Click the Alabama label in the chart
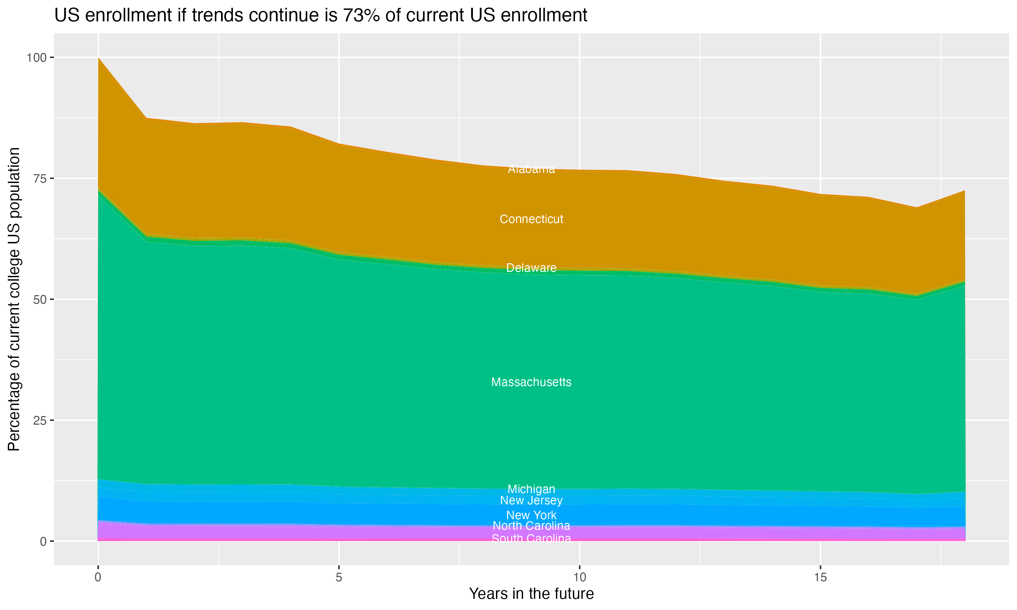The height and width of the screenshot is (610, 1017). tap(531, 169)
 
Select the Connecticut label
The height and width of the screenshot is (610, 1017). tap(531, 219)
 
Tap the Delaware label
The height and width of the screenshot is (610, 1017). tap(531, 268)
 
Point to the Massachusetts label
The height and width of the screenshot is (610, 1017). tap(531, 382)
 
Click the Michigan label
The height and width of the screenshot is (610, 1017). tap(531, 489)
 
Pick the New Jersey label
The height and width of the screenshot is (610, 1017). tap(531, 500)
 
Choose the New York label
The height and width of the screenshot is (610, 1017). tap(531, 515)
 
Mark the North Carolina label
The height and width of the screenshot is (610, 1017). tap(531, 526)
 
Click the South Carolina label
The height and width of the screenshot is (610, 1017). tap(531, 538)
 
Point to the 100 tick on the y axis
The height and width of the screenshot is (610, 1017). tap(36, 58)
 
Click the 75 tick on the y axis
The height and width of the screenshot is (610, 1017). tap(39, 178)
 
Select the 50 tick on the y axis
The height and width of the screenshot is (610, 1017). tap(39, 299)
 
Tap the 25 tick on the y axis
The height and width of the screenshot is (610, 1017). tap(39, 420)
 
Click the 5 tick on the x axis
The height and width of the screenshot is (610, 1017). tap(339, 577)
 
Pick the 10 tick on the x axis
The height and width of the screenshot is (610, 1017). tap(579, 577)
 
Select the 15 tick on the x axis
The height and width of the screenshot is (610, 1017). tap(820, 577)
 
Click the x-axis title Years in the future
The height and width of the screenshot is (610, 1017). tap(531, 593)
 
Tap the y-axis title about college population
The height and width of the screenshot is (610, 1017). tap(14, 299)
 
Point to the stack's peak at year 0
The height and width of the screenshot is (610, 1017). tap(98, 58)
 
